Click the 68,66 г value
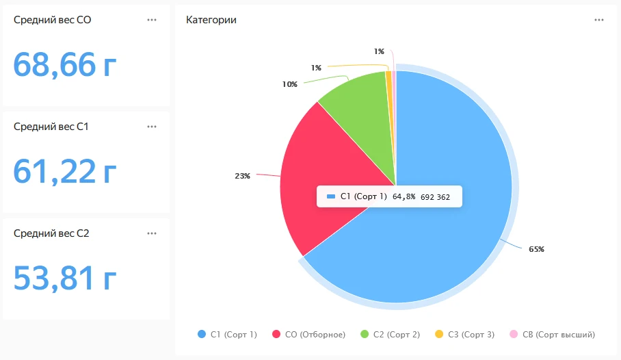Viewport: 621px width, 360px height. click(x=65, y=64)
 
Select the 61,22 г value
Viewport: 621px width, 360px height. click(x=65, y=171)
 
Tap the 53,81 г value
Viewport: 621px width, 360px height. click(x=65, y=278)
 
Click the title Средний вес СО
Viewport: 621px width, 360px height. click(x=53, y=20)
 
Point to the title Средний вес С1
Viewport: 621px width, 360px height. click(x=51, y=127)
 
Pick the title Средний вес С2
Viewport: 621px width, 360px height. click(x=51, y=233)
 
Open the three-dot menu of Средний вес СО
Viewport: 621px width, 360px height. click(x=152, y=20)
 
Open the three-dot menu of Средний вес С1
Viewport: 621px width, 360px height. click(x=152, y=127)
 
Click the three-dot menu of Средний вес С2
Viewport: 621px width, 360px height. click(x=152, y=233)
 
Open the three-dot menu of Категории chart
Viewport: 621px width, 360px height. click(x=599, y=20)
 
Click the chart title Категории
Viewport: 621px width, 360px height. click(x=211, y=20)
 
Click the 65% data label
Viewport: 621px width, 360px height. click(x=536, y=249)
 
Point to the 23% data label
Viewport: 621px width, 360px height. click(x=242, y=176)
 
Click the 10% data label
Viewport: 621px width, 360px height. click(x=289, y=84)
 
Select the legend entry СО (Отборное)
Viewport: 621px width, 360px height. click(x=308, y=335)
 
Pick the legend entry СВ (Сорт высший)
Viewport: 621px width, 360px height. click(x=552, y=335)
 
